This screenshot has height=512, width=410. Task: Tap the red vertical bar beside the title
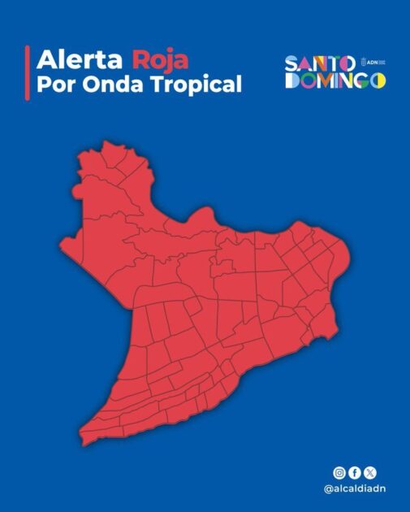[28, 72]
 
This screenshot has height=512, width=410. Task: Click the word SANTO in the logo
[319, 63]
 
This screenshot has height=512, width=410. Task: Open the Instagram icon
[339, 472]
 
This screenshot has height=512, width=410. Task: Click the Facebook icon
[355, 472]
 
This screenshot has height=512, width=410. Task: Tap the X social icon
[370, 472]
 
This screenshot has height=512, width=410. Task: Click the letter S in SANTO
[291, 63]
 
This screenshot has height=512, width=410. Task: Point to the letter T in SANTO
[333, 63]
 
